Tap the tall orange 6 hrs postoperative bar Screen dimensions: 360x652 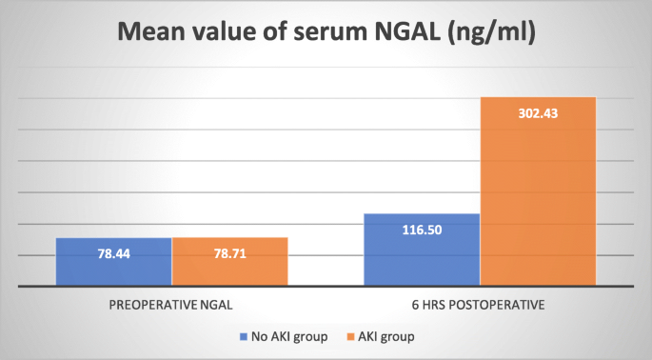[x=538, y=190]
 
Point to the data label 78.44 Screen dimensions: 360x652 [x=113, y=255]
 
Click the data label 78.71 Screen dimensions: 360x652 [x=229, y=255]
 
